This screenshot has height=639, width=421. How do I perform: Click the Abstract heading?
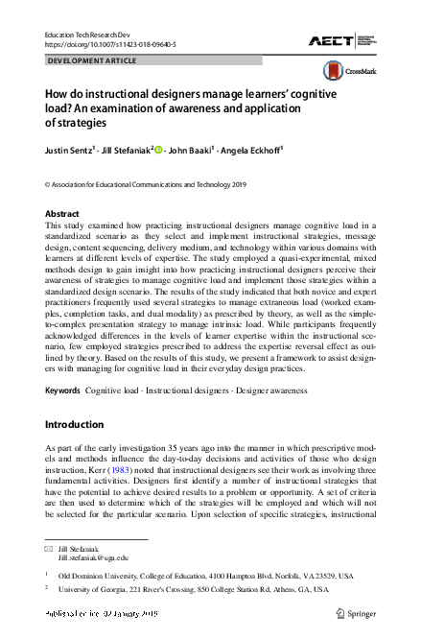[63, 214]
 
